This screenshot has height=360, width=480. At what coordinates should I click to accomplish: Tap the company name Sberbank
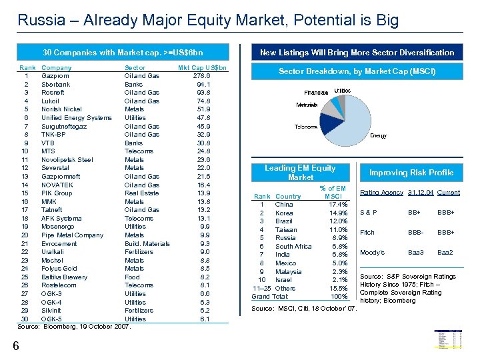tap(55, 85)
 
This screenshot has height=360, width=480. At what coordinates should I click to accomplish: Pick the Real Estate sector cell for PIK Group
tap(142, 193)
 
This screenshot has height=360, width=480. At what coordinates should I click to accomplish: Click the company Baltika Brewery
tap(64, 277)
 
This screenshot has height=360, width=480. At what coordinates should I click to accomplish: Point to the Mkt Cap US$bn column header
tap(202, 68)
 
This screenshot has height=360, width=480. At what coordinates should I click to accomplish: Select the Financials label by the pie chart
tap(315, 92)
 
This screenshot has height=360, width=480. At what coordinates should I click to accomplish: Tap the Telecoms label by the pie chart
tap(306, 127)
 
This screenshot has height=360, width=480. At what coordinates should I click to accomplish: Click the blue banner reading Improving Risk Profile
tap(411, 173)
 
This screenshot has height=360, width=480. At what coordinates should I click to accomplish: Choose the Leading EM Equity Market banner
tap(300, 173)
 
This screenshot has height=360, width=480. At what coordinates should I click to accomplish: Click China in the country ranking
tap(284, 204)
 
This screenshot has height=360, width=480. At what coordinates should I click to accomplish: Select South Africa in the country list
tap(293, 247)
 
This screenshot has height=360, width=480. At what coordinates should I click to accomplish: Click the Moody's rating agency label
tap(372, 253)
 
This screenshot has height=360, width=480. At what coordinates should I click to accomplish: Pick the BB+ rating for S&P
tap(414, 213)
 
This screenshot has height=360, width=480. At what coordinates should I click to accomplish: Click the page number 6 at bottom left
tap(15, 345)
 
